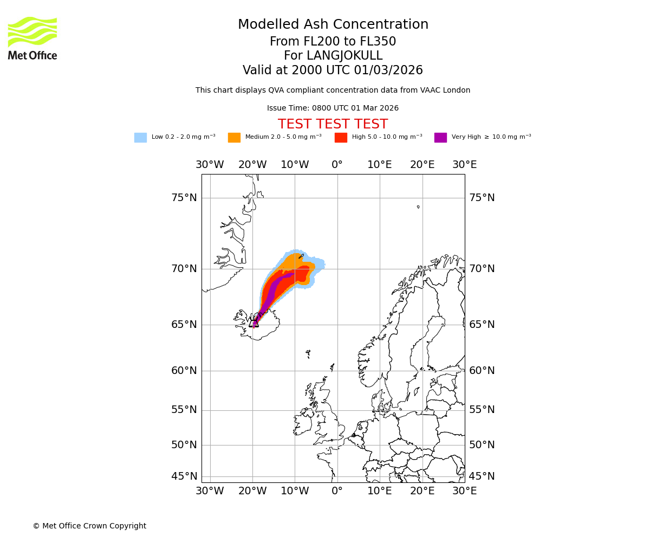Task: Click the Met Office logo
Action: pos(32,38)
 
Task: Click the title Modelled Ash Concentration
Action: pos(333,25)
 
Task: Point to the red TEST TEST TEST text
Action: pos(333,124)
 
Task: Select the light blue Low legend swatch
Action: pos(140,138)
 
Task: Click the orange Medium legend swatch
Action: pos(234,138)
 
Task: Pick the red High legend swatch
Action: pos(341,138)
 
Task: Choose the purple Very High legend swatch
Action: pos(440,138)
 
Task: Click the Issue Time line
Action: pos(333,108)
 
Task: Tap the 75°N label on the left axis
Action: pos(184,198)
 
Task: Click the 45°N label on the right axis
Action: pos(482,476)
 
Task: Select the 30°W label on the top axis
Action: pos(210,165)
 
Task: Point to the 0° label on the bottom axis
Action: pos(337,491)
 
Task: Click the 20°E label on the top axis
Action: pos(422,165)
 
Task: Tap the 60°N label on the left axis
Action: pos(184,371)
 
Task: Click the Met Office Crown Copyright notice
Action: pos(89,526)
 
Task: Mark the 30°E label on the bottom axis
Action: pos(464,491)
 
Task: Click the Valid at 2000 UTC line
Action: pos(333,70)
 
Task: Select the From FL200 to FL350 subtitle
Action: pos(333,42)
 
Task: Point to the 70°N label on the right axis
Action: pos(482,269)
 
